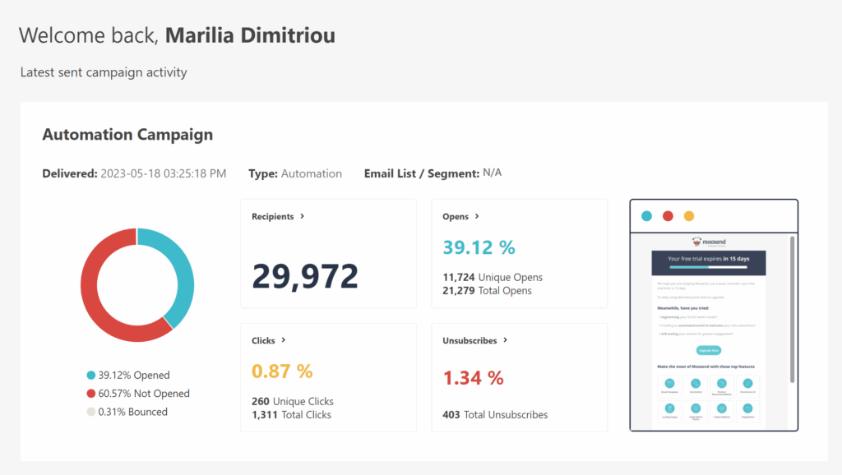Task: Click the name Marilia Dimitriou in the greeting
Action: [250, 35]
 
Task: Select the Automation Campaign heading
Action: [127, 135]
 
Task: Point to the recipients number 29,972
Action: [305, 275]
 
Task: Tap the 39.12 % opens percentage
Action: [479, 247]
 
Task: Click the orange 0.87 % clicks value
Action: [282, 371]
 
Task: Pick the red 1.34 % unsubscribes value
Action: [473, 378]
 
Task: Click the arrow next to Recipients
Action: [303, 216]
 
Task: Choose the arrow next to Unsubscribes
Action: [506, 339]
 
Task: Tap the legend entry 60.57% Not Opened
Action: [137, 394]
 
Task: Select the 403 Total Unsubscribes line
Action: [495, 415]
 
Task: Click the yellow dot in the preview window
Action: [689, 216]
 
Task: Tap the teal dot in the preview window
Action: [646, 216]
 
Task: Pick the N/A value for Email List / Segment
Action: [493, 173]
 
